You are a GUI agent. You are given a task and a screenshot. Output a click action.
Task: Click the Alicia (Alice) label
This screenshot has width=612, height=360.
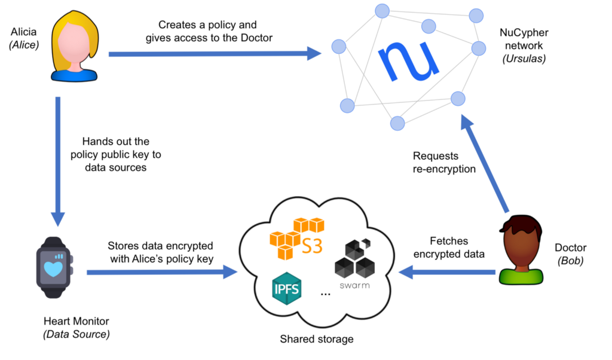click(25, 36)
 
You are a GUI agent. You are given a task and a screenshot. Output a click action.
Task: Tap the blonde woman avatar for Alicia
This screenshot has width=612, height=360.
click(74, 48)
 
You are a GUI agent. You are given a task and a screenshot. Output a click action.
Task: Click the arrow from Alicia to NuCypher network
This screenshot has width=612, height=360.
click(215, 54)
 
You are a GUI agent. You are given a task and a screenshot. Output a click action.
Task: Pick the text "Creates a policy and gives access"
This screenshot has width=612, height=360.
click(207, 31)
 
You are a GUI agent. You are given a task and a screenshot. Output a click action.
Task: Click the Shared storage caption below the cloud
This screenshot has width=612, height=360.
click(317, 339)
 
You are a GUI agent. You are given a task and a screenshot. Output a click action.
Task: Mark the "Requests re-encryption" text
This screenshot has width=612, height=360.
click(444, 163)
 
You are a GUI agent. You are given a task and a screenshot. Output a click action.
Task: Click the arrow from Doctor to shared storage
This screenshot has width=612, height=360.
click(448, 273)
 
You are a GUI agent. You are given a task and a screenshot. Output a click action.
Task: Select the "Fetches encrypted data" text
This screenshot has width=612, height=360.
click(457, 248)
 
